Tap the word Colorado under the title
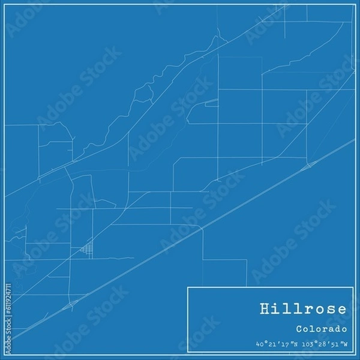[x=321, y=329]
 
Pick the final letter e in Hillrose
[x=341, y=310]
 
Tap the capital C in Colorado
[x=299, y=329]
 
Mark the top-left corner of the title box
[x=188, y=287]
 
